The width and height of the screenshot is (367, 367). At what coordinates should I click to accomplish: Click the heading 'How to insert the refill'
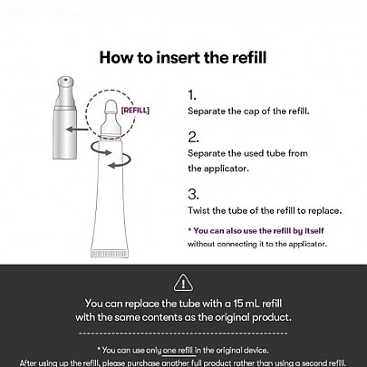tap(183, 57)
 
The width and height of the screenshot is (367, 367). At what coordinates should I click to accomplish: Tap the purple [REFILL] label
tap(135, 111)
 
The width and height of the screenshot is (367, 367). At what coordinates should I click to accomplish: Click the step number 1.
tap(192, 95)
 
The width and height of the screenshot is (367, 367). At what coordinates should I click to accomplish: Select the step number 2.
tap(193, 137)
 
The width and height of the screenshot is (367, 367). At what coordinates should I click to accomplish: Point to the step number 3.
tap(193, 194)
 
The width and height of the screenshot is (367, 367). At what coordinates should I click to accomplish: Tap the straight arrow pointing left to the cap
tap(77, 130)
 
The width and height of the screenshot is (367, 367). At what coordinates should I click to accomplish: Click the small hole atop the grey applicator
tap(65, 81)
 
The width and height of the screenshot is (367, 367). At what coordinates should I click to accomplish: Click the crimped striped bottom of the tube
tap(110, 254)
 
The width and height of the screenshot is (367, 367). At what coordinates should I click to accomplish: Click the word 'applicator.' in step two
tap(227, 169)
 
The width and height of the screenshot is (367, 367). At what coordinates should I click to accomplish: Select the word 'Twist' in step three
tap(198, 210)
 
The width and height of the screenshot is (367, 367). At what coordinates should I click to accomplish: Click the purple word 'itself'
tap(314, 231)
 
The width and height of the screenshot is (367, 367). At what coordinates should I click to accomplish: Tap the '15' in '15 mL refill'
tap(238, 304)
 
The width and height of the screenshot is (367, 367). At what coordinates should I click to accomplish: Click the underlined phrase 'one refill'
tap(178, 351)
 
